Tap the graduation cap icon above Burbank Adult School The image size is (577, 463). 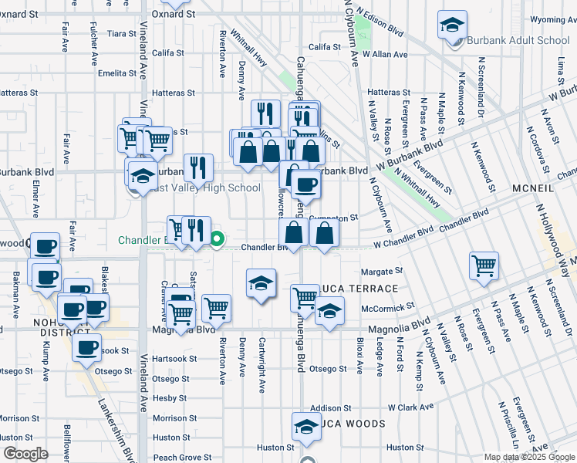click(x=452, y=25)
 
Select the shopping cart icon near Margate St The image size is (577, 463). click(x=484, y=265)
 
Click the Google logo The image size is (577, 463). click(x=25, y=454)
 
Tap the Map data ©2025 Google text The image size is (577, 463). click(x=529, y=457)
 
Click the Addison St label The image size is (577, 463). click(x=331, y=407)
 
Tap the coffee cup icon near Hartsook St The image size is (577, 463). click(x=87, y=346)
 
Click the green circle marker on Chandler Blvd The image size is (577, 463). click(x=217, y=239)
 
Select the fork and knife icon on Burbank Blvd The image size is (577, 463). click(x=198, y=167)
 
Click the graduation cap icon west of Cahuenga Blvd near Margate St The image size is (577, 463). click(x=262, y=283)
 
